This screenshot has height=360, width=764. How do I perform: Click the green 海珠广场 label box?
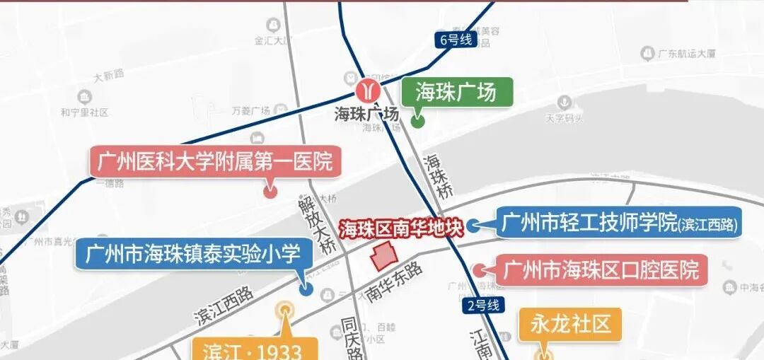456,92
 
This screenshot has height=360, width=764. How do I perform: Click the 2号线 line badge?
484,306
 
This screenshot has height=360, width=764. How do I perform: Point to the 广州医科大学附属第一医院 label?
216,163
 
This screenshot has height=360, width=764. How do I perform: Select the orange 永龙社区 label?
569,324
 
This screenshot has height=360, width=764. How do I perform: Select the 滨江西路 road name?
223,306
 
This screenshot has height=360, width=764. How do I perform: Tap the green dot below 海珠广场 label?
417,121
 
